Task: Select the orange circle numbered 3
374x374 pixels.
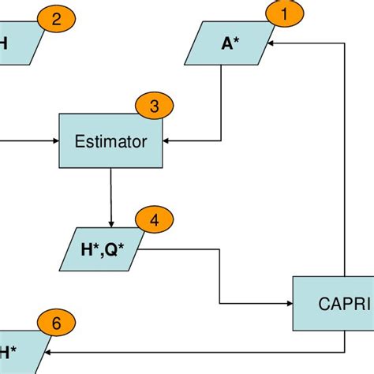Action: [154, 106]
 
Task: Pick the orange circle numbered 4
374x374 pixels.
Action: [154, 220]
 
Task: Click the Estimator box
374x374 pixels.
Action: [110, 141]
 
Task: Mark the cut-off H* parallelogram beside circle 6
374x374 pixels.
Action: [12, 350]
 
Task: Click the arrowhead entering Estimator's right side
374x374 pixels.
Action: [167, 142]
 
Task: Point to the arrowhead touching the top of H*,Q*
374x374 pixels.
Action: [111, 223]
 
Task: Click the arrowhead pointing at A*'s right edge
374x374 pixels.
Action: [270, 43]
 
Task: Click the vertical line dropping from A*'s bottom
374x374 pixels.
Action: [222, 103]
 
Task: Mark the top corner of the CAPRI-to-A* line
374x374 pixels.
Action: [345, 43]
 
